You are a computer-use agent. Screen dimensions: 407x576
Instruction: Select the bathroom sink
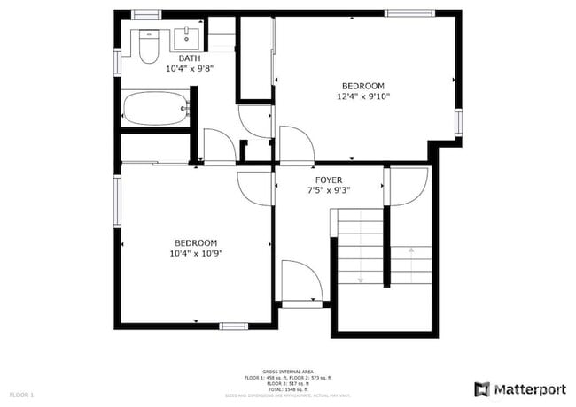[187, 38]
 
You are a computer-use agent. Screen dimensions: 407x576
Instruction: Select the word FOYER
[329, 180]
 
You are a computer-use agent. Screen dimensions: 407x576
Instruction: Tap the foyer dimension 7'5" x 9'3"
[329, 189]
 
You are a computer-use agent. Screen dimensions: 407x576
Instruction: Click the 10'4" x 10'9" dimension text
[196, 253]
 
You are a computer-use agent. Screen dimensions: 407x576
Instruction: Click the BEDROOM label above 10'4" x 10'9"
[196, 243]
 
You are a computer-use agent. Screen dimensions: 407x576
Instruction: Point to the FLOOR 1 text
[21, 394]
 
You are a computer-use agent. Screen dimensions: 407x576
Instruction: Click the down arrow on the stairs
[361, 279]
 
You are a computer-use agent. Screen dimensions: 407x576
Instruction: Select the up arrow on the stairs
[409, 251]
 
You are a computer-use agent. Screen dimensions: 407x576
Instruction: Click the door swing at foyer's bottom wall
[300, 281]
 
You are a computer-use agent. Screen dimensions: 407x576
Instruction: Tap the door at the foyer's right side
[407, 186]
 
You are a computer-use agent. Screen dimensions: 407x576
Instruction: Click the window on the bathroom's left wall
[117, 61]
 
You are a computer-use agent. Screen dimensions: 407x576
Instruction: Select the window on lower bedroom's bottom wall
[234, 326]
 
